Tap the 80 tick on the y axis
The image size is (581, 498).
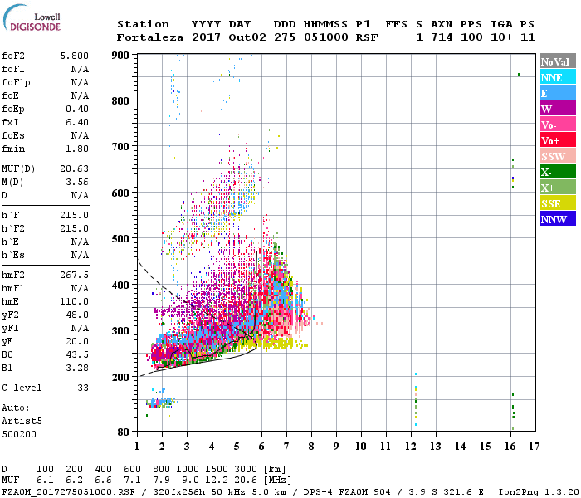point(125,432)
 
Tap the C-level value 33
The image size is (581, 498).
point(82,388)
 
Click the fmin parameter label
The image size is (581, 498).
point(15,149)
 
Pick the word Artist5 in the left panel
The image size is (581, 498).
point(22,421)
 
